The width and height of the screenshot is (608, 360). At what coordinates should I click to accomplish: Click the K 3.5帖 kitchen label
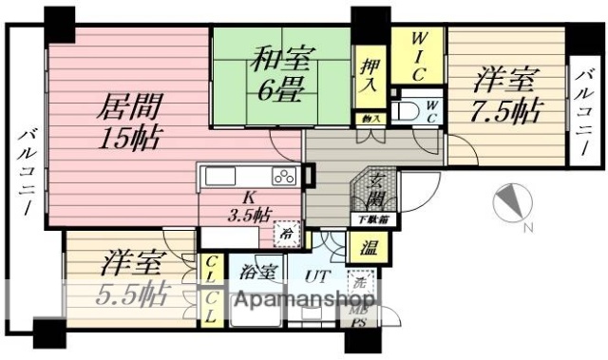click(248, 206)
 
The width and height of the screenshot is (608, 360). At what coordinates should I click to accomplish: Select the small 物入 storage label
click(370, 119)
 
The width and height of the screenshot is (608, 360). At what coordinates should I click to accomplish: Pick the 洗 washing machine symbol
click(360, 281)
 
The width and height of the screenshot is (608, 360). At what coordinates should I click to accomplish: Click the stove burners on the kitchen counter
click(284, 175)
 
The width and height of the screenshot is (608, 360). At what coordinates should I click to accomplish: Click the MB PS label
click(361, 315)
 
